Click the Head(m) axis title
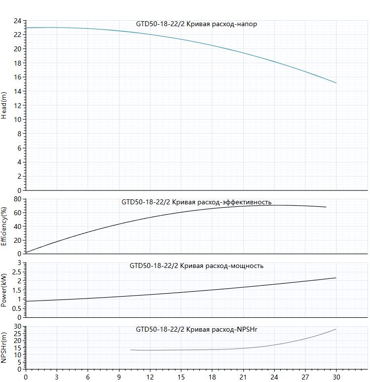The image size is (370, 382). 3,105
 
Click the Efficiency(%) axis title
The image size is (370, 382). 3,227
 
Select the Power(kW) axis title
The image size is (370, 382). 3,290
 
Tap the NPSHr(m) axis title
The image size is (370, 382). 3,347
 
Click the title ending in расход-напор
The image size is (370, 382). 196,24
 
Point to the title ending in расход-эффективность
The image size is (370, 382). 196,202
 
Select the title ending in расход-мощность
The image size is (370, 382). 196,266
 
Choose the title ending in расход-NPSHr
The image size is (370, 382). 196,329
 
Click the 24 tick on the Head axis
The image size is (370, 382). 18,21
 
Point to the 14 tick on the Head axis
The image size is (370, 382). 18,91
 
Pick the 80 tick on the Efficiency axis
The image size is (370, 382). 18,199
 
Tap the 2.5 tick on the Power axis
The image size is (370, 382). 17,272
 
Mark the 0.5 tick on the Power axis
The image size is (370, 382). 17,308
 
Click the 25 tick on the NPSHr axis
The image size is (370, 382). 18,334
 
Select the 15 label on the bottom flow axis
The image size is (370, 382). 181,378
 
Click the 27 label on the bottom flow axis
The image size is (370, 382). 305,378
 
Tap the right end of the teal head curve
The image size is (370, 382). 336,83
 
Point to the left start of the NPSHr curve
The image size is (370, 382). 131,350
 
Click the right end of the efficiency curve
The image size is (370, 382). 326,207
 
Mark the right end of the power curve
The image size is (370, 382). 336,278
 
